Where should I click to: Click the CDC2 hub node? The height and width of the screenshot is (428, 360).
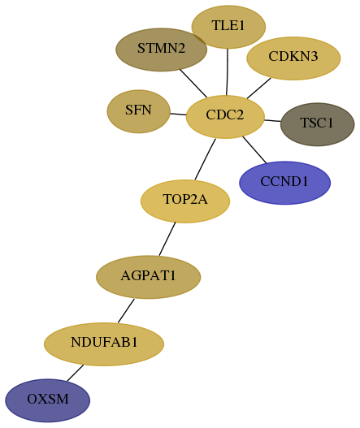coord(225,117)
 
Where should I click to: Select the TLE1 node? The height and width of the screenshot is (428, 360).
coord(228,27)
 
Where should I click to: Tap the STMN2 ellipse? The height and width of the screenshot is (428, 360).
coord(162,50)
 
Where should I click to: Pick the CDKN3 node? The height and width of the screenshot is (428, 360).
coord(293,58)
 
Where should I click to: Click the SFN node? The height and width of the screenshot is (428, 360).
coord(139,111)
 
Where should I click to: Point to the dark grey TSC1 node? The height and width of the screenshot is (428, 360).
coord(318,124)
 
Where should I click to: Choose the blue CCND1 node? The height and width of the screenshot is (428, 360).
coord(285,183)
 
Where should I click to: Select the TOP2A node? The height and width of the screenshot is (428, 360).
coord(185,201)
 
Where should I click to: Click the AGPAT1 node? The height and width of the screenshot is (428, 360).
coord(149,277)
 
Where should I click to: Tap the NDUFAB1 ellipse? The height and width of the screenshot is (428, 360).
coord(104,344)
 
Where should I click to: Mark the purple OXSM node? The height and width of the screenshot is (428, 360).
coord(47,400)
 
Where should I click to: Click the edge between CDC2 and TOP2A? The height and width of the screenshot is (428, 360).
coord(205,159)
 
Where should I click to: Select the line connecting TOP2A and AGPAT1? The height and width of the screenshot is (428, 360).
coord(167,239)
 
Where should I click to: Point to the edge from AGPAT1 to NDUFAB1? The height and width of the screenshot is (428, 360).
coord(126,310)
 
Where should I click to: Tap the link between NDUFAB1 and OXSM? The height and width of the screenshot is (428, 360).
coord(75,373)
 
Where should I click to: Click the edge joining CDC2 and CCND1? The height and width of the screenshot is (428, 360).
coord(254,150)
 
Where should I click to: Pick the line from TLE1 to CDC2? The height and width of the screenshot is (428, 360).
coord(228,72)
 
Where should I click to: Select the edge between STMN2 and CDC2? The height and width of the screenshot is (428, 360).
coord(193,84)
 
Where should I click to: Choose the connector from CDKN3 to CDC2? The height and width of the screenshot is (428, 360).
coord(259,89)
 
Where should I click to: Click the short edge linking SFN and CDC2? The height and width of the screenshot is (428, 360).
coord(178,114)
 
